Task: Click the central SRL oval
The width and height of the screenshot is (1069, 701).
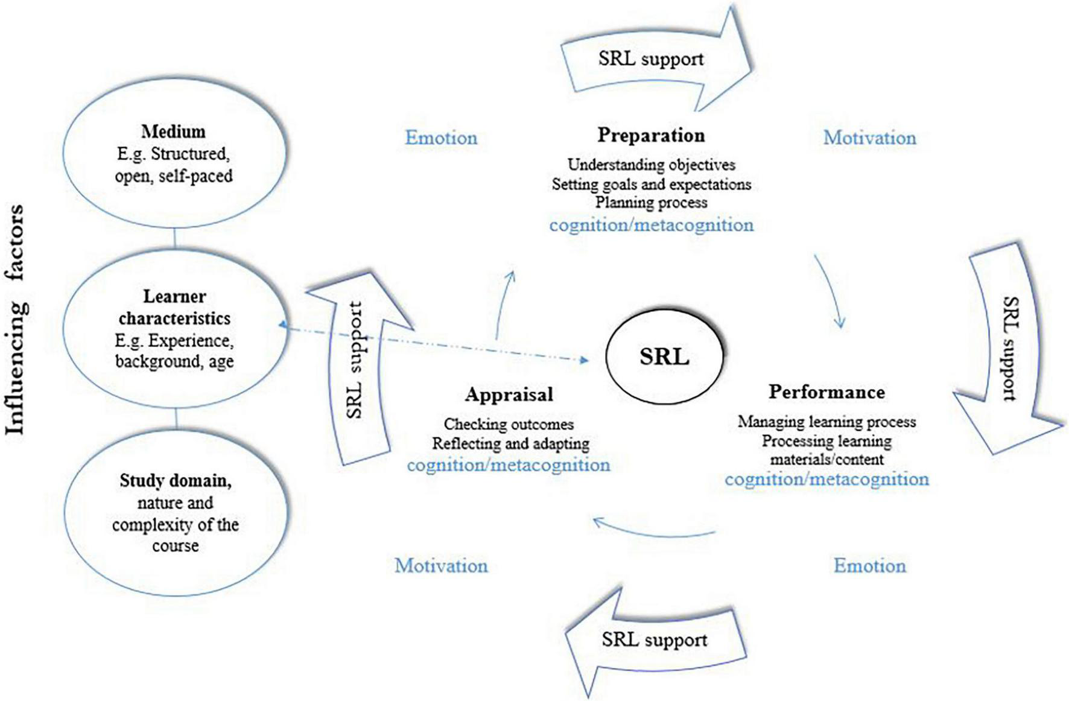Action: (664, 357)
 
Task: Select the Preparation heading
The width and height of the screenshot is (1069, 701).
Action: (651, 135)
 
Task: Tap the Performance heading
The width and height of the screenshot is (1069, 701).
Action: (826, 392)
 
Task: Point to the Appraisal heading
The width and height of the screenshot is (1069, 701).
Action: (509, 395)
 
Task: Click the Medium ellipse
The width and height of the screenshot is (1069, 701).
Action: (174, 153)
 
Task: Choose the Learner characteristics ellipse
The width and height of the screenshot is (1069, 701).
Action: (174, 329)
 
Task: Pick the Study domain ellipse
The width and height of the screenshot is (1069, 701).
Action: (175, 512)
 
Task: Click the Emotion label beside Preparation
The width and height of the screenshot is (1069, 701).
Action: (441, 138)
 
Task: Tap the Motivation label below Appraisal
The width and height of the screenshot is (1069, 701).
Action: (441, 566)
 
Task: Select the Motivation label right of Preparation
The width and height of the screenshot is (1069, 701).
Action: (869, 138)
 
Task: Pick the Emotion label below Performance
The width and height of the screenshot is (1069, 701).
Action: (869, 566)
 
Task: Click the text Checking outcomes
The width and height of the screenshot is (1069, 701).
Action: (509, 424)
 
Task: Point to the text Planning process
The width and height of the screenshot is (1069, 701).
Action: (651, 203)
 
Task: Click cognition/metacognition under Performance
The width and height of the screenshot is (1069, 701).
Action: (826, 480)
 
